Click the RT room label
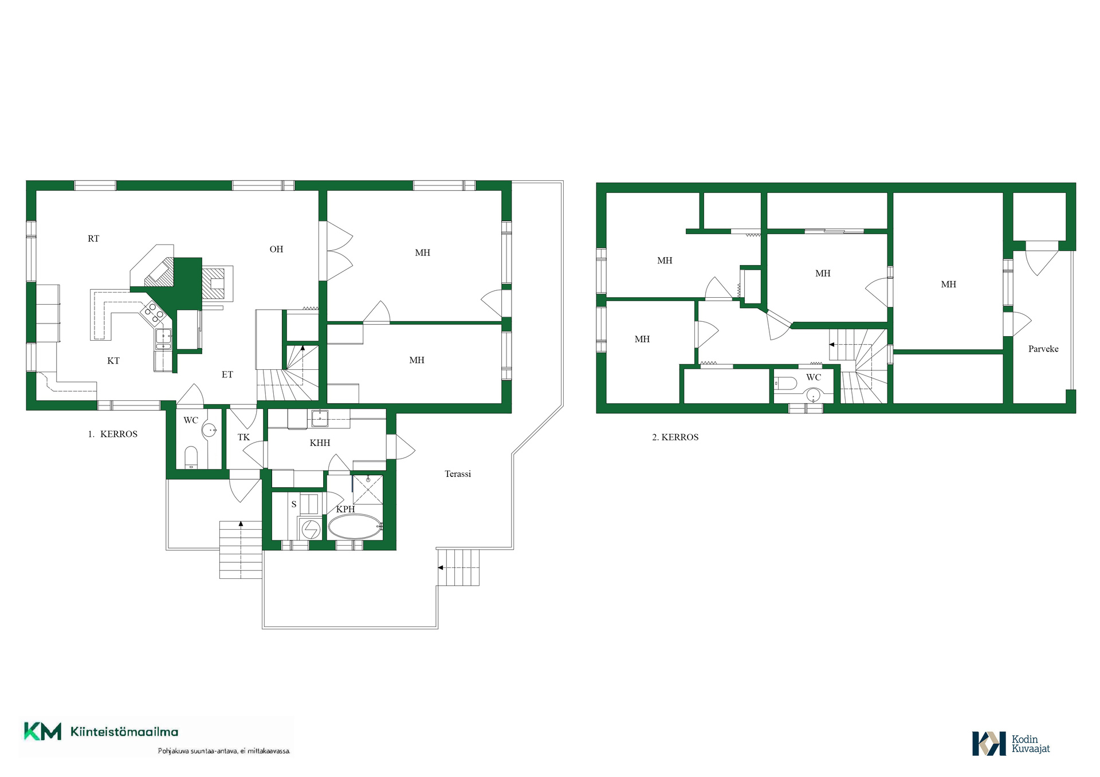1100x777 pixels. tap(93, 239)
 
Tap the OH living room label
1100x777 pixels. tap(276, 249)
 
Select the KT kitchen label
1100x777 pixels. tap(113, 361)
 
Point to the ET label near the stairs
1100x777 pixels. tap(227, 374)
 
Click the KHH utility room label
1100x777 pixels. tap(320, 443)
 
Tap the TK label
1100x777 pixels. tap(243, 437)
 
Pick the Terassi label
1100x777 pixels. tap(458, 474)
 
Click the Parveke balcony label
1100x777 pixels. tap(1043, 349)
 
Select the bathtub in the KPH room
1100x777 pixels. tap(355, 526)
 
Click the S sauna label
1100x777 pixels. tap(294, 504)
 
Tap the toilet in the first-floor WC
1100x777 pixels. tap(191, 457)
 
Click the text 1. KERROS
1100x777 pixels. tap(112, 434)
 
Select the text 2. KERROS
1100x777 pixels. tap(675, 437)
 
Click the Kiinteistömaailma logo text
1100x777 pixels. tap(124, 732)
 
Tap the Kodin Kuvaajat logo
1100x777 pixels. tap(1011, 743)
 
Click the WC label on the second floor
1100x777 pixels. tap(814, 377)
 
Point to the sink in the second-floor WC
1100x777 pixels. tap(813, 395)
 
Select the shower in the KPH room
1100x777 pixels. tap(367, 490)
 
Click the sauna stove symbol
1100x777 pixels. tap(311, 529)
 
